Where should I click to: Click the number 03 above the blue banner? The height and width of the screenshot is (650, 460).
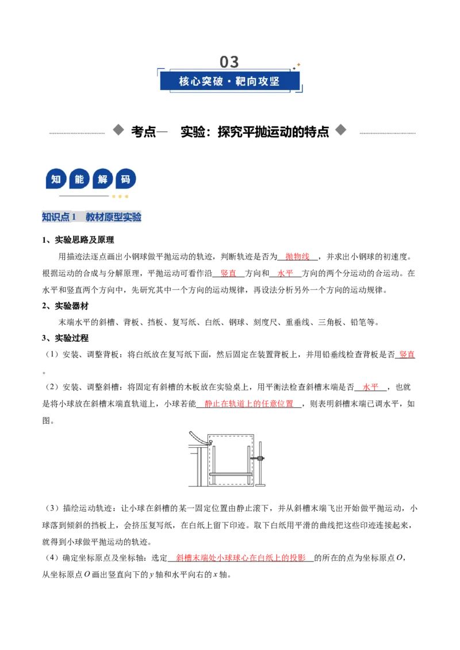(x=229, y=62)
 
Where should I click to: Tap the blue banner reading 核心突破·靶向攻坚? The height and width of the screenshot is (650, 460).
(x=229, y=81)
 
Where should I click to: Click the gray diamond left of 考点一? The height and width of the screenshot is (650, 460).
(x=118, y=130)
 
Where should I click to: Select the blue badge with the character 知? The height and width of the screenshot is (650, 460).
(x=56, y=179)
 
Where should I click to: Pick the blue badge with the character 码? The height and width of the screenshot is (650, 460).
(x=126, y=179)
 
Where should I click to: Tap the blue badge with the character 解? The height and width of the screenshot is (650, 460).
(x=102, y=179)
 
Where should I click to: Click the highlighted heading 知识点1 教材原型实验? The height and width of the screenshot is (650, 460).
(x=92, y=217)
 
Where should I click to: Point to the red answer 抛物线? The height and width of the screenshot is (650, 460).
(x=297, y=257)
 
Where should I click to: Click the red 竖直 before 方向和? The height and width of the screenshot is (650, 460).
(x=228, y=273)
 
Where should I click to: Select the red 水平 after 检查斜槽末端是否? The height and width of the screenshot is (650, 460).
(x=370, y=387)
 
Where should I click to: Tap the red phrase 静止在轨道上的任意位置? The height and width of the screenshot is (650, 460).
(x=249, y=404)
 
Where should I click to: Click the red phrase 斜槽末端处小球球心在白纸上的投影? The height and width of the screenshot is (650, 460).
(x=241, y=558)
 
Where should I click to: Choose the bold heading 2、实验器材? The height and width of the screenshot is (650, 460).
(x=65, y=306)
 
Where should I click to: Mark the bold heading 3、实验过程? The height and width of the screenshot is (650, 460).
(x=65, y=338)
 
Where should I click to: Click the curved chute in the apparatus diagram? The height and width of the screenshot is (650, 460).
(x=199, y=438)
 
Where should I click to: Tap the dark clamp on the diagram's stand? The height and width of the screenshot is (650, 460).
(x=260, y=458)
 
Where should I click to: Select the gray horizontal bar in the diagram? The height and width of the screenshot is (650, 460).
(x=231, y=474)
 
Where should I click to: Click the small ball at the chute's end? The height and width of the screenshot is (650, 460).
(x=210, y=442)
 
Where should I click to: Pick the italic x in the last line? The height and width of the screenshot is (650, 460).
(x=215, y=575)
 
